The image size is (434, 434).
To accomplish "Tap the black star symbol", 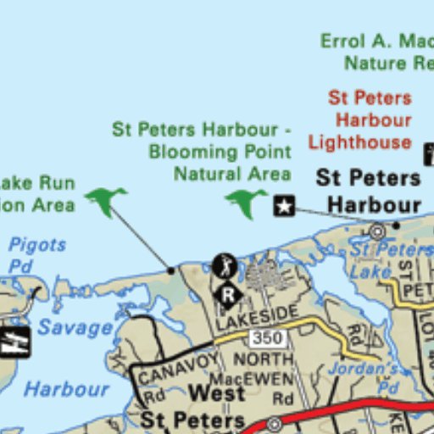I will pos(284,205).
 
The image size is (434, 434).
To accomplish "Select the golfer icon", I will pos(225,266).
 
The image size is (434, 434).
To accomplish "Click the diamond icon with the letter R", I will pos(227,295).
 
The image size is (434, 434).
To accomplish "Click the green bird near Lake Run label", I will pos(105,201).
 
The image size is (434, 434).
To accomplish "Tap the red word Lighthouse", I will pos(359,142).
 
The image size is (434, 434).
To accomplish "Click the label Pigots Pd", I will pos(36,255).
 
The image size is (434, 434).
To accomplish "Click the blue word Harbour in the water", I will pos(66,389).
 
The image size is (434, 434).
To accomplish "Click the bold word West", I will pos(217,394).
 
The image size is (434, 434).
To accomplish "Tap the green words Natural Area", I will pos(232,174).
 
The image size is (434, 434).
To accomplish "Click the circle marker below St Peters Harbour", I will pos(376,230).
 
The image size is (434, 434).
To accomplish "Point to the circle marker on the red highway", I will pos(274,423).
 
